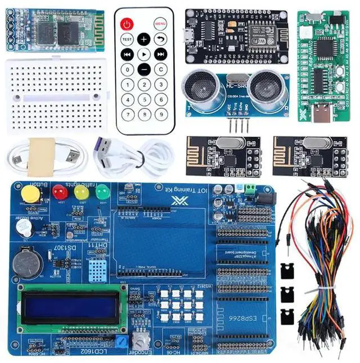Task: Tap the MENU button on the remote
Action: pyautogui.click(x=160, y=24)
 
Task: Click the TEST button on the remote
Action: pyautogui.click(x=127, y=39)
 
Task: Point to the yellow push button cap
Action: pyautogui.click(x=30, y=194)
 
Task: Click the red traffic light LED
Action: pyautogui.click(x=60, y=192)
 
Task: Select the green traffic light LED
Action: pyautogui.click(x=102, y=193)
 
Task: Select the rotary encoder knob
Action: pyautogui.click(x=138, y=339)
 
